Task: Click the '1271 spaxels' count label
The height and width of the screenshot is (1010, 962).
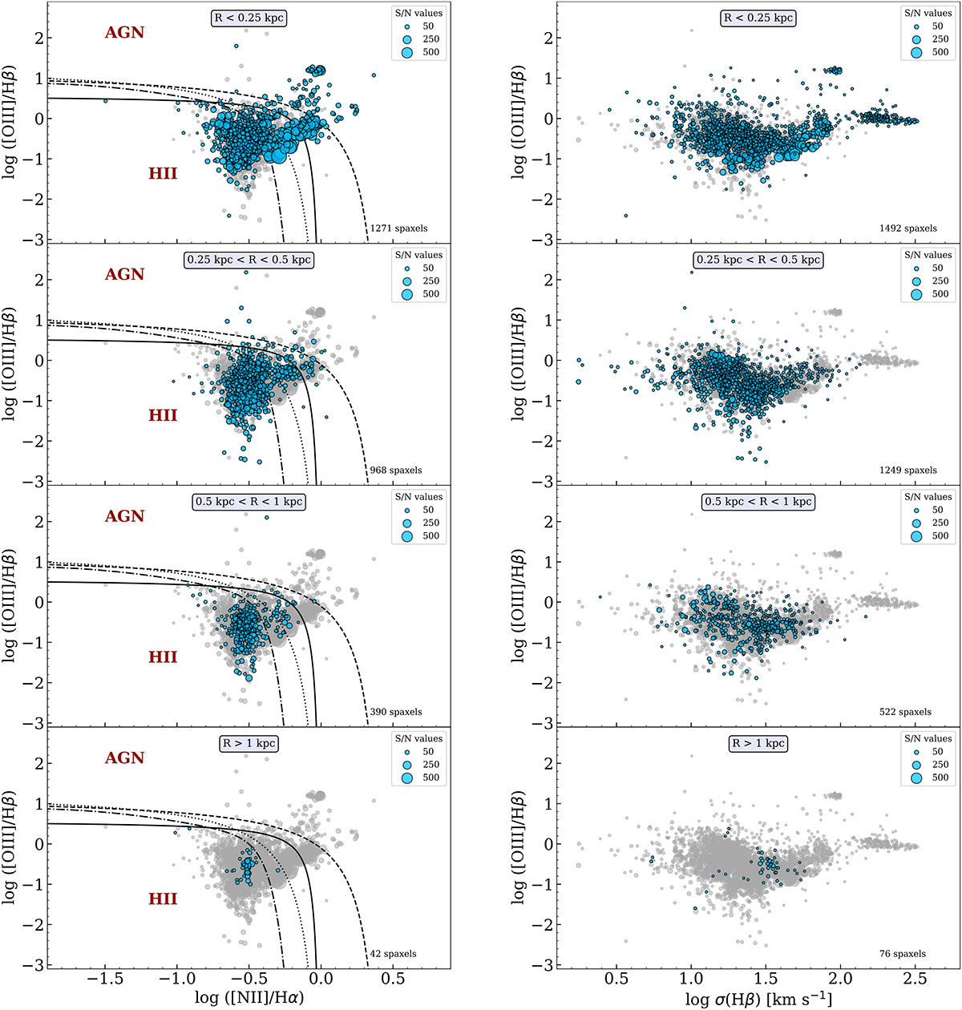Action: pos(398,228)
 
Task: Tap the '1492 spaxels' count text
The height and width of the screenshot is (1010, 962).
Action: pos(907,228)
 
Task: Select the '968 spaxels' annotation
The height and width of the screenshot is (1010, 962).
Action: pos(395,471)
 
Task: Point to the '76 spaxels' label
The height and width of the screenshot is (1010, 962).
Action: pos(903,954)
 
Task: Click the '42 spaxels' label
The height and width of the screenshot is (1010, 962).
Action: pos(393,954)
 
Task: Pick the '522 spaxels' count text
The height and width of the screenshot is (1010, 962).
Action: pos(905,712)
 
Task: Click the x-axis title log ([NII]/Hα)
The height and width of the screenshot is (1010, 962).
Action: pos(249,997)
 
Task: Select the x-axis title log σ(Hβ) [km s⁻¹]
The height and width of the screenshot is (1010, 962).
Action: pos(758,997)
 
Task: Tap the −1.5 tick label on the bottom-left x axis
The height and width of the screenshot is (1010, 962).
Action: pos(105,980)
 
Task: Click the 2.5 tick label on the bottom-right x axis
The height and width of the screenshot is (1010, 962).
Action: pos(916,980)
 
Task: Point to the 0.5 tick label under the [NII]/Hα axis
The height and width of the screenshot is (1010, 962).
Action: pos(392,980)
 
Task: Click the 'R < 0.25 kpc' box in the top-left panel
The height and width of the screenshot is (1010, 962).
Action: pos(249,18)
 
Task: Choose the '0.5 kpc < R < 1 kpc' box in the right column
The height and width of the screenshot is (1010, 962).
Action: pos(758,502)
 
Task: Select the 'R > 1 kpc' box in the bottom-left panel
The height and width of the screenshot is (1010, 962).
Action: pos(249,744)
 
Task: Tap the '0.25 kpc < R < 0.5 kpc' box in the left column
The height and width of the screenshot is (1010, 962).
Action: pos(249,261)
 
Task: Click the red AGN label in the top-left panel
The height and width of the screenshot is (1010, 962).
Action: pos(124,32)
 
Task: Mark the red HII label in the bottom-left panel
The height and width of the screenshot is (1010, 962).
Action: pos(163,899)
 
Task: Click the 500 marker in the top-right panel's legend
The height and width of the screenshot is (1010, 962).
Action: pos(916,52)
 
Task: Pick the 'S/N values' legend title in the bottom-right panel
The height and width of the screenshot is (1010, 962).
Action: pos(928,738)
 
